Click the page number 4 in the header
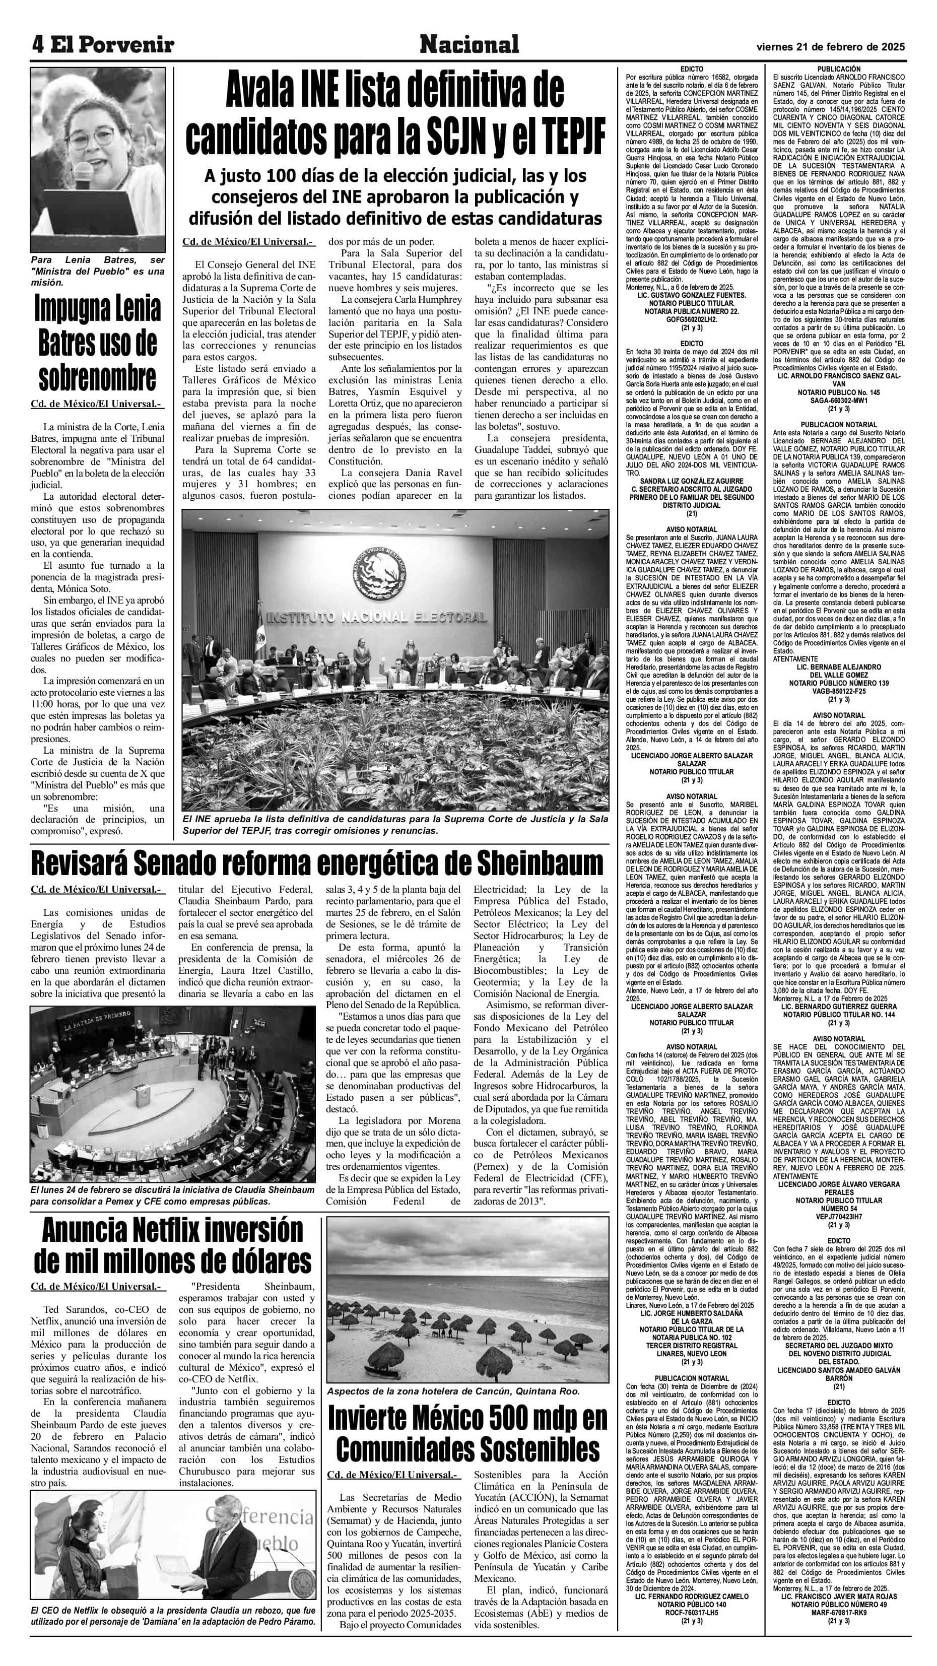38,45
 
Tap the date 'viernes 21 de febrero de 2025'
830,46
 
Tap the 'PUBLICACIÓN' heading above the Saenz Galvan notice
839,69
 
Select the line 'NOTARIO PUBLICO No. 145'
839,392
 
